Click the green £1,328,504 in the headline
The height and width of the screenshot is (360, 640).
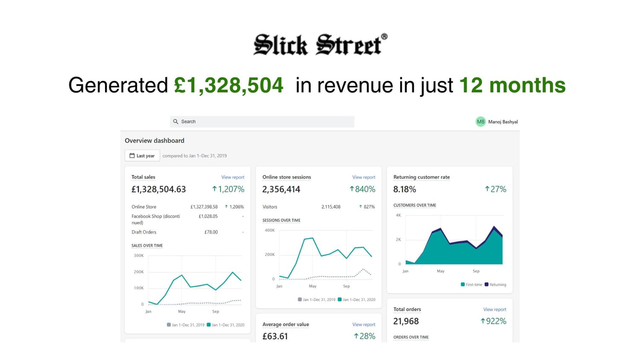point(228,85)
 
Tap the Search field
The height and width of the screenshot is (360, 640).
point(262,122)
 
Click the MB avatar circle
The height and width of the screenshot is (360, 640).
point(480,122)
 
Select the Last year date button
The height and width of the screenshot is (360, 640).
point(142,156)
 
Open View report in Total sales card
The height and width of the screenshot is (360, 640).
point(233,177)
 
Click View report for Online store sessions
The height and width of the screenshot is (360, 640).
point(364,177)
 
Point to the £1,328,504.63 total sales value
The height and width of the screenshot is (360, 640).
point(159,189)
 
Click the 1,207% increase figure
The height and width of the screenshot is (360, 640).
point(228,189)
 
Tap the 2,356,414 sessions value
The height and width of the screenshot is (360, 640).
point(281,189)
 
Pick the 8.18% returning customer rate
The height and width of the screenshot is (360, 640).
point(404,189)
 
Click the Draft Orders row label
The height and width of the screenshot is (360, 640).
point(144,232)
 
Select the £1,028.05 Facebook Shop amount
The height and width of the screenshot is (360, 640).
point(208,216)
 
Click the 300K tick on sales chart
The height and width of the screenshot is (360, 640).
point(139,255)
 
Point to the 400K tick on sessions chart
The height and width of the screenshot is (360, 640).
point(270,230)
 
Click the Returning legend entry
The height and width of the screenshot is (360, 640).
point(495,285)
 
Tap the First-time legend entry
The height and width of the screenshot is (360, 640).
point(471,285)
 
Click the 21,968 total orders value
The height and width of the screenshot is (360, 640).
point(406,321)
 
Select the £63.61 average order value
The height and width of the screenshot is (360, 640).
point(275,336)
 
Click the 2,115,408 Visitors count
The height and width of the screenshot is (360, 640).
point(331,207)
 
